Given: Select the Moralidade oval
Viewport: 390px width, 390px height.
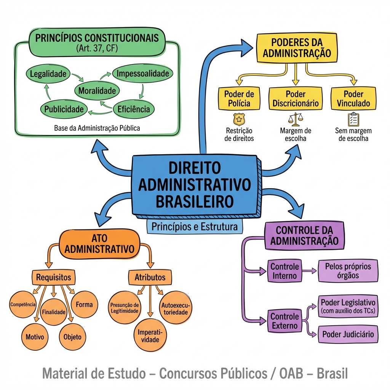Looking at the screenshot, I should click(97, 91).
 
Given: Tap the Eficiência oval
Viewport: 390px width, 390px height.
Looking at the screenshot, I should click(134, 109).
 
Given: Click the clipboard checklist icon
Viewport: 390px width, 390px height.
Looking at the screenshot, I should click(353, 119).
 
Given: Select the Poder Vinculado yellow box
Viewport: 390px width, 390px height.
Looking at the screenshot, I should click(353, 98).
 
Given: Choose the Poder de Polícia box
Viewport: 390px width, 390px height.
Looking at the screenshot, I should click(239, 98).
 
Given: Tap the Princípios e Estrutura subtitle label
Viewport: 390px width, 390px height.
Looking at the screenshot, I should click(194, 227).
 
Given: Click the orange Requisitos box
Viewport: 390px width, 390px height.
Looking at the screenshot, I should click(53, 277).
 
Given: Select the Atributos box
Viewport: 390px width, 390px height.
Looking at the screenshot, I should click(150, 277).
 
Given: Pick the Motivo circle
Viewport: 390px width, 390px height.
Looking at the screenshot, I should click(35, 337).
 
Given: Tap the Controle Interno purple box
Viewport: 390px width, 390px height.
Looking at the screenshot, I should click(285, 271).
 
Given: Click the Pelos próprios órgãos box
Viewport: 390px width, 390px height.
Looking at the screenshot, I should click(348, 271).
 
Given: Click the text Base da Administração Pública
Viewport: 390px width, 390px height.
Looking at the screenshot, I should click(97, 128).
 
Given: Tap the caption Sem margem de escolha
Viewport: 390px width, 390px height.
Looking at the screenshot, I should click(353, 135).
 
